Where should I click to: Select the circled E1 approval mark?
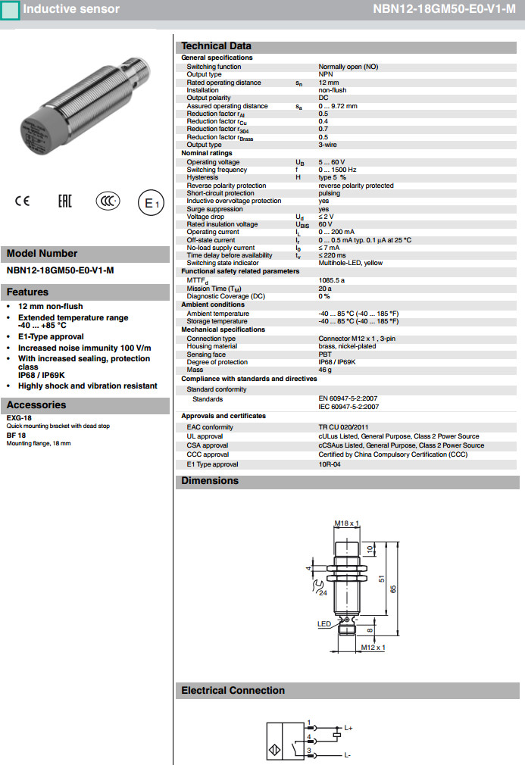(x=150, y=203)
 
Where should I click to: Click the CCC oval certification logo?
(x=108, y=201)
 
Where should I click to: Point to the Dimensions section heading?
(x=210, y=481)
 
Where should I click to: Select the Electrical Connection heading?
(x=233, y=691)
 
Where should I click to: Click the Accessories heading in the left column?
(x=36, y=405)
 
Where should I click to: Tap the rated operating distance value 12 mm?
(x=329, y=83)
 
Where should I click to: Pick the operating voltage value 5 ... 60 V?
(x=331, y=162)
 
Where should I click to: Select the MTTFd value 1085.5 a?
(x=331, y=280)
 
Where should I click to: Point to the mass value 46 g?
(x=325, y=370)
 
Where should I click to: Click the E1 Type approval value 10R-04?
(x=330, y=464)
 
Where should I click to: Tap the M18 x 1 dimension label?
(x=346, y=523)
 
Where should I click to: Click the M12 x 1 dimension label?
(x=373, y=648)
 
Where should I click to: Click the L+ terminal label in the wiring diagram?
(x=348, y=728)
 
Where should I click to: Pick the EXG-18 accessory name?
(x=18, y=417)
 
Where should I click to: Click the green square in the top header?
(x=11, y=10)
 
